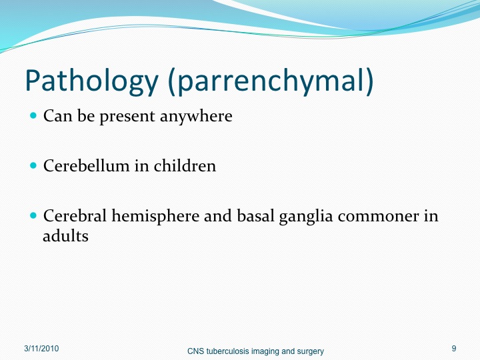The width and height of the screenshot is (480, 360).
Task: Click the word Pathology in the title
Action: click(91, 81)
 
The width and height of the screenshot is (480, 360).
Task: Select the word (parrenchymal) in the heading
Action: click(271, 81)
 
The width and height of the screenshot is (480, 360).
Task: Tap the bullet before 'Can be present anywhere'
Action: click(33, 116)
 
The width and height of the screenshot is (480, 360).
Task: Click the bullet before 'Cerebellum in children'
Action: click(33, 165)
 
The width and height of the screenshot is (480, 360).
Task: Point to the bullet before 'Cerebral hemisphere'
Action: click(33, 215)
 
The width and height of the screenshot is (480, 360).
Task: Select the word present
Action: click(127, 117)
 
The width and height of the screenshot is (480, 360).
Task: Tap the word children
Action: click(185, 165)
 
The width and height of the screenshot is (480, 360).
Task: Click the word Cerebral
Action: click(75, 215)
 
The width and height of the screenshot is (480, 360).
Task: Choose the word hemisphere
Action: click(155, 217)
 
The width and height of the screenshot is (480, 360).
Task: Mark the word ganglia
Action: click(305, 217)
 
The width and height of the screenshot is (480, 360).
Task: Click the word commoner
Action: click(379, 217)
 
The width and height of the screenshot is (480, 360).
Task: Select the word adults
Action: click(65, 235)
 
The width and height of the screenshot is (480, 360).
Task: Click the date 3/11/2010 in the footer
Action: click(41, 349)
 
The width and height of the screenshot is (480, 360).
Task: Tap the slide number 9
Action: click(454, 349)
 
